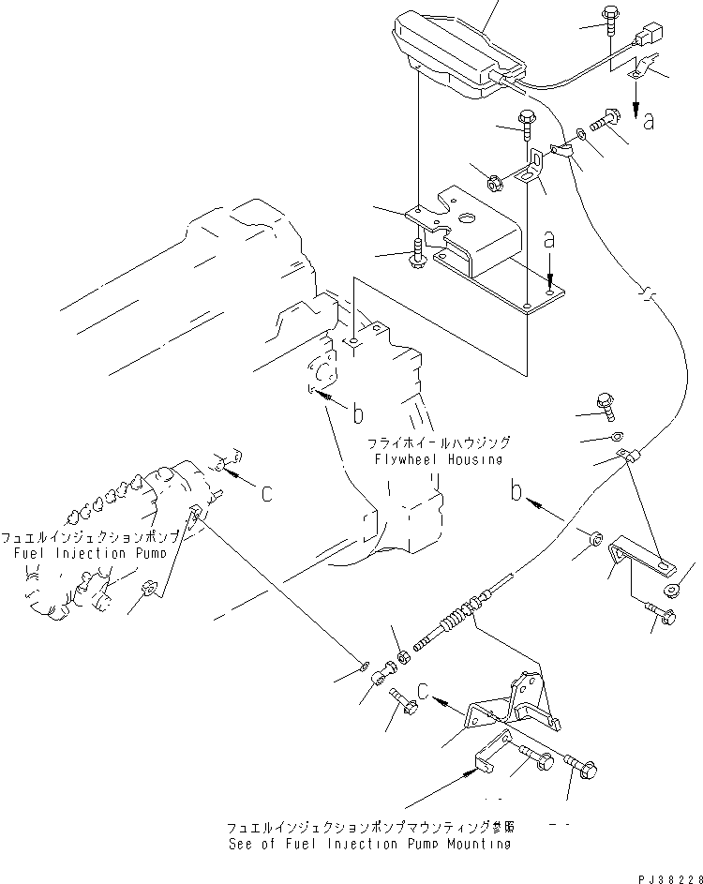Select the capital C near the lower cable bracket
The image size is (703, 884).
point(425,694)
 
